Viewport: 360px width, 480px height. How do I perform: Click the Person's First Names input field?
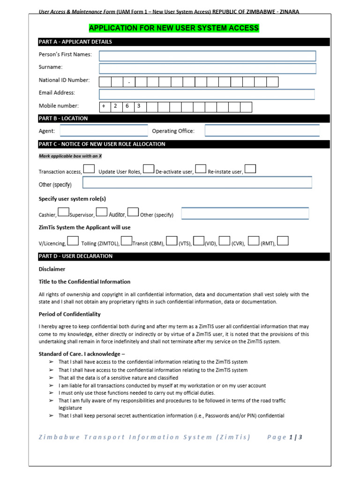coord(207,56)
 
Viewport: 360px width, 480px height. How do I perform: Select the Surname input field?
coord(207,69)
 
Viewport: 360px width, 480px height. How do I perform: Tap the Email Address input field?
coord(207,94)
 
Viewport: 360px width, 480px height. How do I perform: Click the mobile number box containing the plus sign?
coord(105,107)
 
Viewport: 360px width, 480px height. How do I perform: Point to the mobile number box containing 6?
coord(127,107)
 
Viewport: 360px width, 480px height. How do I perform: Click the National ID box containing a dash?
coord(129,82)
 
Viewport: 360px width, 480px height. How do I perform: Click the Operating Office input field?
coord(262,131)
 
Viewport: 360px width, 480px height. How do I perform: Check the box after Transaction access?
coord(89,169)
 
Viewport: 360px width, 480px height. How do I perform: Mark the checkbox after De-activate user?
coord(201,169)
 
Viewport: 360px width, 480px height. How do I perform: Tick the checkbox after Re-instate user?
coord(250,169)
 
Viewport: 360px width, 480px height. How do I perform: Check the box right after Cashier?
coord(64,212)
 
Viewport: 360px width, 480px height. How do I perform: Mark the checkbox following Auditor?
coord(133,212)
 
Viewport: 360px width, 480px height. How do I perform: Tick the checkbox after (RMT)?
coord(283,241)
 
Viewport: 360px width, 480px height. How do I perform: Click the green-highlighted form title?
coord(174,28)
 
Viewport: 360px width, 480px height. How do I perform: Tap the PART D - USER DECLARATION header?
coord(75,256)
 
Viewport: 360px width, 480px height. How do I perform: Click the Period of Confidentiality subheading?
coord(69,314)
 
